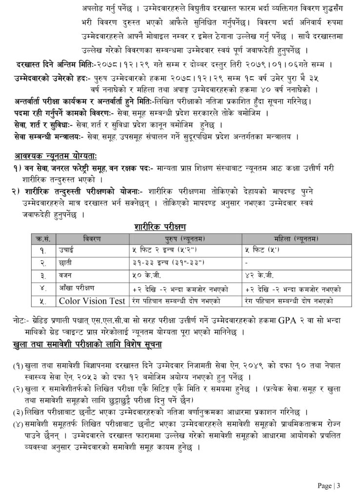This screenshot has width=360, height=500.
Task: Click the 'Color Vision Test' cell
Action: point(92,301)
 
